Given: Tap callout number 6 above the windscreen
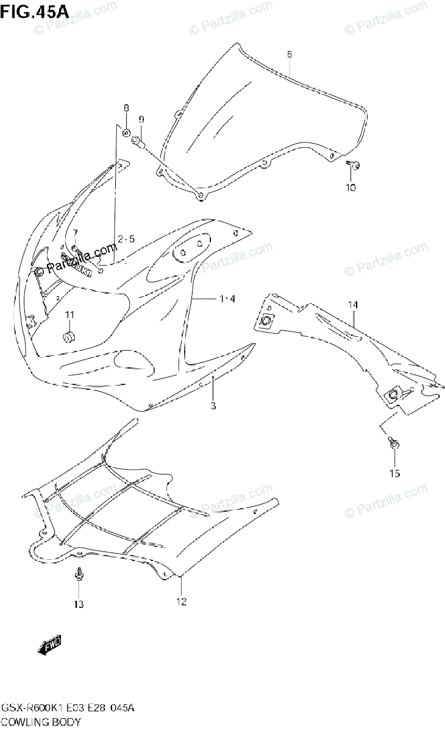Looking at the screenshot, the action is coord(290,55).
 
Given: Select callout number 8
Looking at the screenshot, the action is coord(126,108).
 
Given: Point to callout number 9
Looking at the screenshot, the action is coord(140,119).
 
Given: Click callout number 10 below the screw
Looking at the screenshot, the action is coord(351,187).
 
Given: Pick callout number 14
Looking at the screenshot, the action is coord(353,304).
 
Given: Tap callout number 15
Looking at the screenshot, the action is coord(395,473).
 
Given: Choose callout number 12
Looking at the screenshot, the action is coord(181,602).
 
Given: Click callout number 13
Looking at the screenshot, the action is coord(79,604).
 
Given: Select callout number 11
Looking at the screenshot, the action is coord(69,314).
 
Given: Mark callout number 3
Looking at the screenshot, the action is coord(213,405).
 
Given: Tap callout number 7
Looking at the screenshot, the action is coord(75,233).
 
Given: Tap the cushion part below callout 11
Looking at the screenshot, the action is coord(69,336).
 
